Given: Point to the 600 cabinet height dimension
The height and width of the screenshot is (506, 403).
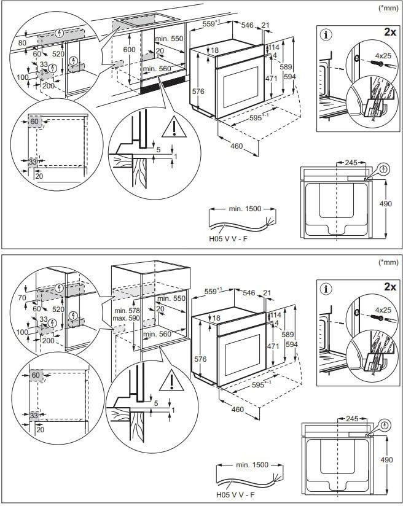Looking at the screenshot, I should pos(128,49).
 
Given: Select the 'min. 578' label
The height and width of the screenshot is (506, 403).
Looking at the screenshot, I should pos(127,311).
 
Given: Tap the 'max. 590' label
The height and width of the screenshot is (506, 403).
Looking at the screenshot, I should pos(127,319).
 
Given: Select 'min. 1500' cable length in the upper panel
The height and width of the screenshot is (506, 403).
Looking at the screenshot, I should pos(245,209).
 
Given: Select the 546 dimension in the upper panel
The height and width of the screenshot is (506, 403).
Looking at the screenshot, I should pos(248,25).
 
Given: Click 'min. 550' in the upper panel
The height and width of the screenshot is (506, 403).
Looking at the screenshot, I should pos(170,39).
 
